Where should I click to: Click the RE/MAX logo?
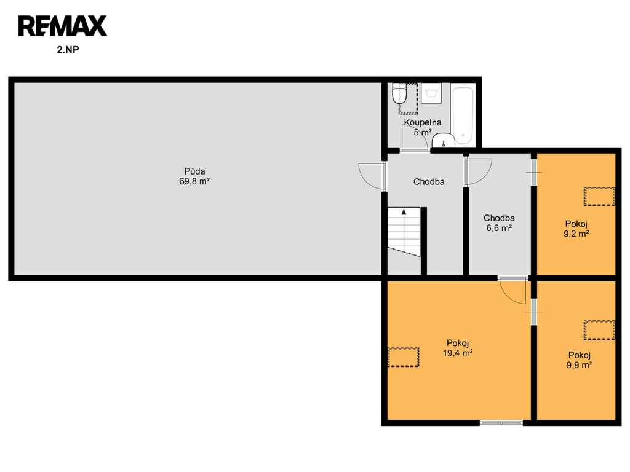click(x=63, y=26)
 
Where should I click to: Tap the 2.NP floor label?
click(x=68, y=50)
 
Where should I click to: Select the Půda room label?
click(x=194, y=171)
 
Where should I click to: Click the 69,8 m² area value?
click(x=194, y=181)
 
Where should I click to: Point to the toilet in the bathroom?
click(x=400, y=93)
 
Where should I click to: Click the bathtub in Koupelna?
click(x=463, y=116)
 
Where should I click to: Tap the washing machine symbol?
click(x=431, y=93)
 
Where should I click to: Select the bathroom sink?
click(x=443, y=141)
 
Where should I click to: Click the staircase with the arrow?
click(x=404, y=232)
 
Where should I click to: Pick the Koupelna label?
click(x=422, y=122)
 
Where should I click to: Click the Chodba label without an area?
click(x=429, y=182)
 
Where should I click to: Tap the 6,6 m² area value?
click(x=499, y=229)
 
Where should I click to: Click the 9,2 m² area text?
click(x=576, y=234)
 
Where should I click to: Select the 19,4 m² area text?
click(x=458, y=353)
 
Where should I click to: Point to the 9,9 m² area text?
click(x=580, y=365)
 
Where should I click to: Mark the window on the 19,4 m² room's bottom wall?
click(x=501, y=422)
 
